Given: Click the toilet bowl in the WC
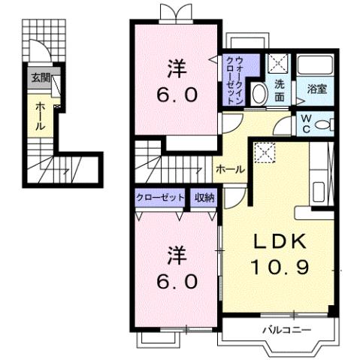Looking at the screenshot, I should (322, 126).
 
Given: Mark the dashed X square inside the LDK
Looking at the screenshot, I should (265, 153).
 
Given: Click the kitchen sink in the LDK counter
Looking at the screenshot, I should (317, 191).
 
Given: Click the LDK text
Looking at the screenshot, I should (278, 241).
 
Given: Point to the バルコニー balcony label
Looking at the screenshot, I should (283, 329).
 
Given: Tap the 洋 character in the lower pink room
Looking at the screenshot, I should (176, 256).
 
